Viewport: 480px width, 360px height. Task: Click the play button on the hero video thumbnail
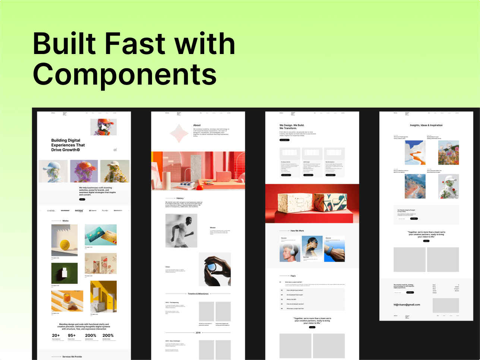tap(100, 127)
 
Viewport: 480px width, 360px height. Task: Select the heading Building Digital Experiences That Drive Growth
tap(68, 145)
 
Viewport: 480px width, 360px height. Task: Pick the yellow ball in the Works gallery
tap(65, 244)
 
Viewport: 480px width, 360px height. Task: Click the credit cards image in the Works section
tap(101, 235)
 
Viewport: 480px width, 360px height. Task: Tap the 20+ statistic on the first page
tap(56, 335)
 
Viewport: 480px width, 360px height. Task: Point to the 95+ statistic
tap(72, 335)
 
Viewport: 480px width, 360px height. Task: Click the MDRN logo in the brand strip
tap(79, 211)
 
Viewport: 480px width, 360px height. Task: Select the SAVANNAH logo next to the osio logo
tap(65, 211)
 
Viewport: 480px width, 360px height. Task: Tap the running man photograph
tap(181, 231)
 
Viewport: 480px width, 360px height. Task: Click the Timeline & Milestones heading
tap(198, 294)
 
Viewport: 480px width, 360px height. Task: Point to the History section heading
tap(180, 198)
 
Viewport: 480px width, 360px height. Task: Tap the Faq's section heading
tap(293, 276)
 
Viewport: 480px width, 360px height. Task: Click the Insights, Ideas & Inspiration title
tap(426, 125)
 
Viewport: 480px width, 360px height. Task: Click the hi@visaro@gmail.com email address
tap(407, 304)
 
